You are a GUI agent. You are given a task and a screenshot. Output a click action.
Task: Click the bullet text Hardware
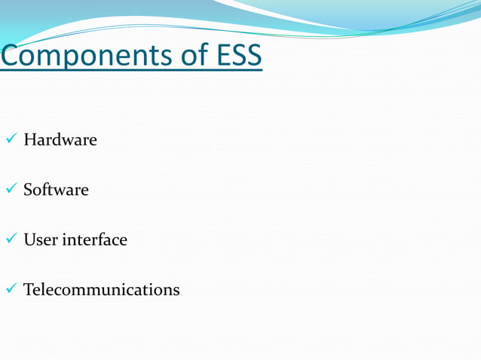tap(60, 140)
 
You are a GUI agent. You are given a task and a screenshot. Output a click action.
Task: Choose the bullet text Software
tap(56, 190)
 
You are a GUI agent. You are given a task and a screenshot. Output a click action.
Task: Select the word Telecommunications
tap(102, 290)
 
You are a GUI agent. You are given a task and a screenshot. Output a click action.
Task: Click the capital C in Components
tap(11, 55)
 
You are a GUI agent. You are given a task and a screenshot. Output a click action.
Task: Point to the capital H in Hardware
tap(29, 140)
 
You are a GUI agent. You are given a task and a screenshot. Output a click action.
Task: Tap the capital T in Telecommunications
tap(29, 290)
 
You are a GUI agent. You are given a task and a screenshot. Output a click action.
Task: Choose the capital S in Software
tap(28, 190)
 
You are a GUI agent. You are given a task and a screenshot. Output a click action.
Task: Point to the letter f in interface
tap(100, 239)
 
